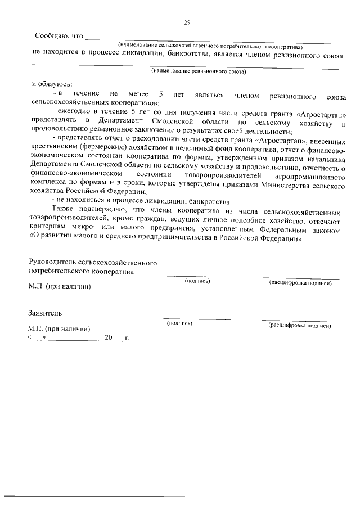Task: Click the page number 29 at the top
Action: tap(187, 22)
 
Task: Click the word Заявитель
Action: tap(46, 312)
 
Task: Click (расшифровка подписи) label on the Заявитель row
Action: tap(300, 325)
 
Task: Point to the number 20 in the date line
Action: tap(109, 338)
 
